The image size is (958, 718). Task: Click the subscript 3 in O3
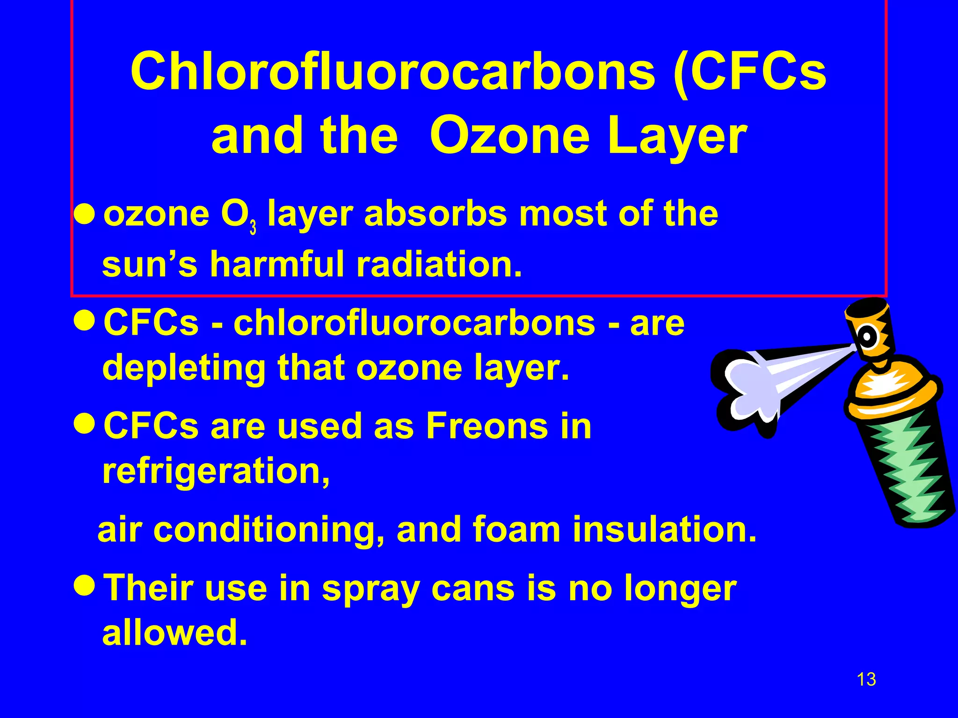pyautogui.click(x=253, y=228)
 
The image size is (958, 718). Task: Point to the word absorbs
pyautogui.click(x=435, y=214)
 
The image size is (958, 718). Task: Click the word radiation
pyautogui.click(x=439, y=264)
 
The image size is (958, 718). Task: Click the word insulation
pyautogui.click(x=664, y=530)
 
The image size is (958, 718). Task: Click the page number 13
pyautogui.click(x=866, y=679)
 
